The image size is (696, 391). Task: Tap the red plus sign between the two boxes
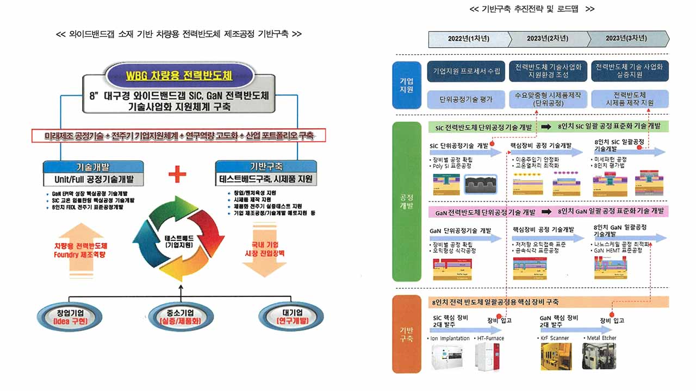[x=177, y=174]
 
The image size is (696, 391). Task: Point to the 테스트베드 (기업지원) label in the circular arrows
[x=179, y=242]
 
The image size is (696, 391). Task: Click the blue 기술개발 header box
[x=94, y=167]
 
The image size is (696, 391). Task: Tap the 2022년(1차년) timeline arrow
[x=469, y=39]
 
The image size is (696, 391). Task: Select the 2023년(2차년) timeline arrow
[x=548, y=39]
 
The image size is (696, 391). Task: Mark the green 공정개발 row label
[x=407, y=201]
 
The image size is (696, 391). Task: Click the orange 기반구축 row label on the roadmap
[x=407, y=334]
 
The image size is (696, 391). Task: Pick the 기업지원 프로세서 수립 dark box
[x=467, y=71]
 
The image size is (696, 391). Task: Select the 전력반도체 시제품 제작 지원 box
[x=629, y=99]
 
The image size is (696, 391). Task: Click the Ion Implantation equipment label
[x=450, y=338]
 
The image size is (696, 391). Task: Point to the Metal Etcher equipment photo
[x=599, y=356]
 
